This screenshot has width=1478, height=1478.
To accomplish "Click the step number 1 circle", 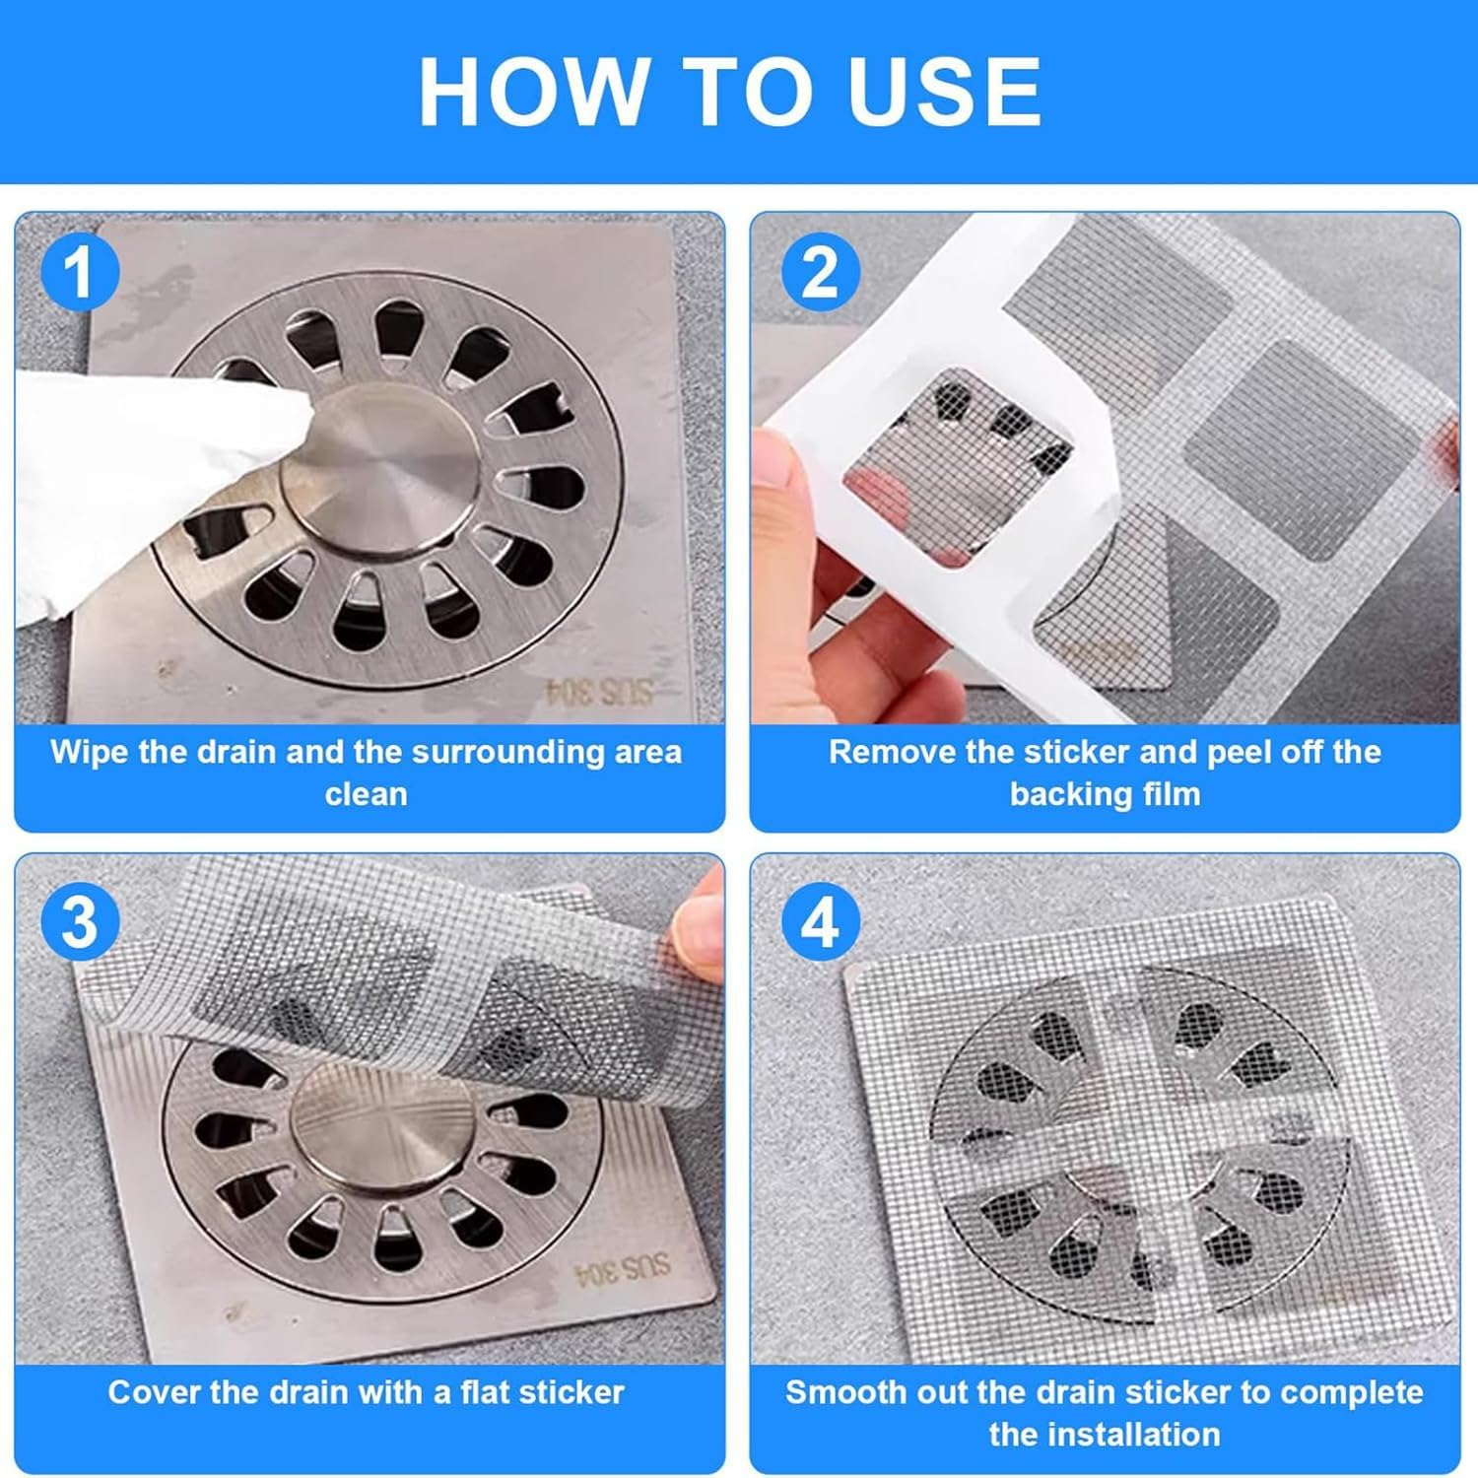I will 79,272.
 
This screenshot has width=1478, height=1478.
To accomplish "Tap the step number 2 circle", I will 820,272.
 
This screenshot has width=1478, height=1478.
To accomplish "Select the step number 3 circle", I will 79,922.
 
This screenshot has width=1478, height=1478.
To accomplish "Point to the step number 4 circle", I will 820,922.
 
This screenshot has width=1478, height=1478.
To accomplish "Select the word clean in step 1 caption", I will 366,794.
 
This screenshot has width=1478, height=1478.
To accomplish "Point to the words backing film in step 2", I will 1105,794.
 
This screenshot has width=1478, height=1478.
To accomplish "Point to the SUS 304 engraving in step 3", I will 622,1268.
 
